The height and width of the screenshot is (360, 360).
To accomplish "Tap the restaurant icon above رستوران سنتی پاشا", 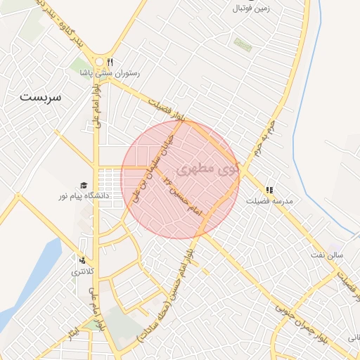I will pos(110,62).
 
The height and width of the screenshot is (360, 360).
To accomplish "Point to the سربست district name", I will pos(41,96).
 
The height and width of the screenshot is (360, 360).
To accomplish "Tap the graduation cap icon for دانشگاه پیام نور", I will pos(84,185).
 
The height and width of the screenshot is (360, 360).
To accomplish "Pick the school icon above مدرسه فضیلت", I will pos(269,190).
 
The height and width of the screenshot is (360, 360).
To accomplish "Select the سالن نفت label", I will pos(328,255).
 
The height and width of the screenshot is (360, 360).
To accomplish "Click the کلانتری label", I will pos(83,271).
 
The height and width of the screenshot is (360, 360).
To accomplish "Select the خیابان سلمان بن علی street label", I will pos(153,158).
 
